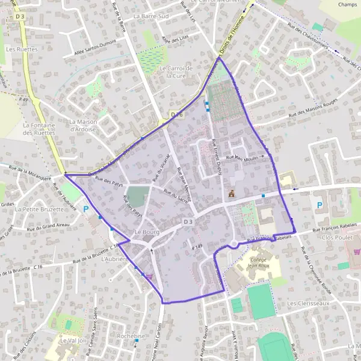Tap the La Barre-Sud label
point(152,16)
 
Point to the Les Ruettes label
point(20,48)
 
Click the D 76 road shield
point(176,114)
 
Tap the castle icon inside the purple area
point(230,194)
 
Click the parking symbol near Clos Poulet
point(319,205)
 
